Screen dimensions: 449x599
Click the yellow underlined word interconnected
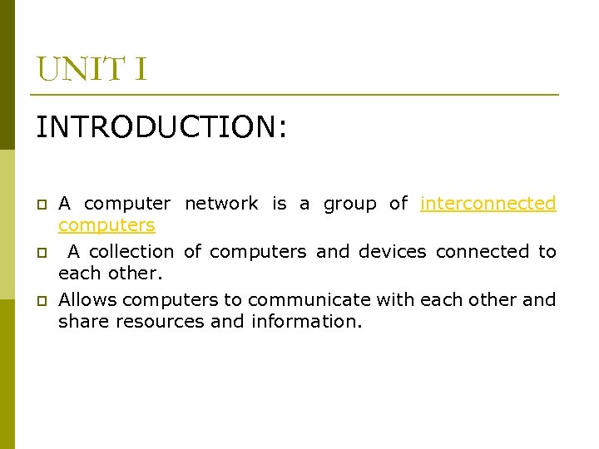pos(488,204)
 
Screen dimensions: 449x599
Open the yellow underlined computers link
pos(106,225)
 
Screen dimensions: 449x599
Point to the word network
pos(221,204)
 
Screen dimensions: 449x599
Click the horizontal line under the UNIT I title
pos(297,95)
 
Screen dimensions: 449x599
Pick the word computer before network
pos(127,205)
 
